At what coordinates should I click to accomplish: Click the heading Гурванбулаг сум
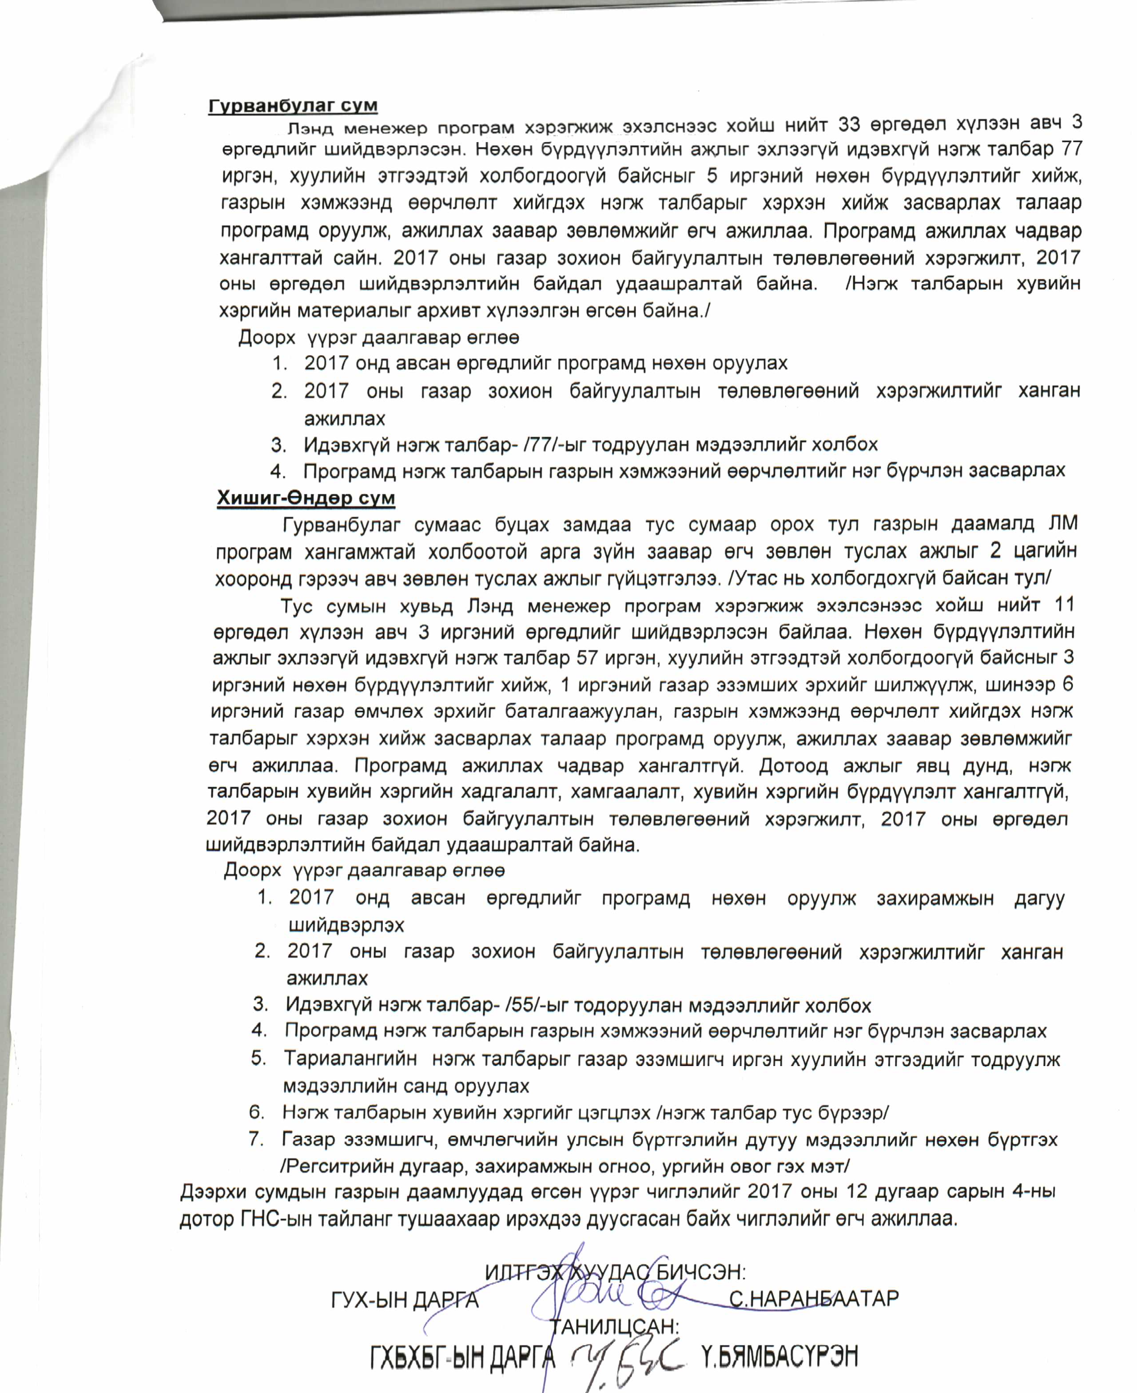click(293, 105)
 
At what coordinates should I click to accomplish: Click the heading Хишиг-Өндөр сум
click(306, 498)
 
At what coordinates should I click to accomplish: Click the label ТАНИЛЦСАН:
click(614, 1326)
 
